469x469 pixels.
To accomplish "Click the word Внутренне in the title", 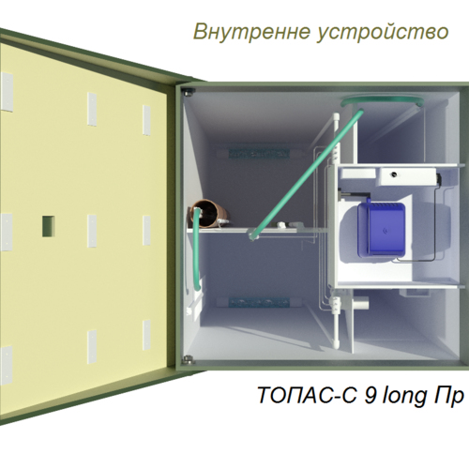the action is coord(252,32).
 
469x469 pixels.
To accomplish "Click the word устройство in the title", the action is coord(383,33).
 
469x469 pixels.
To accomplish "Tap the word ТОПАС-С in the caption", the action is coord(308,395).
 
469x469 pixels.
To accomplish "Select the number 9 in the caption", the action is coord(371,395).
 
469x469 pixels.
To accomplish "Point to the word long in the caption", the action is coord(405,397).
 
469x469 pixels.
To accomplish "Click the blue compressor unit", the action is coord(382,230).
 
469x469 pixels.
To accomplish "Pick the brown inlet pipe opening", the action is coord(209,213).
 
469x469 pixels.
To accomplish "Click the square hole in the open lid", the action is coord(49,226).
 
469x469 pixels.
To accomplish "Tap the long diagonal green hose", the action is coord(307,174).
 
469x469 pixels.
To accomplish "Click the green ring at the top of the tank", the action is coord(382,101).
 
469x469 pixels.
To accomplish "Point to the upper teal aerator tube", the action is coord(259,153).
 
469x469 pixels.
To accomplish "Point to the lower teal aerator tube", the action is coord(259,303).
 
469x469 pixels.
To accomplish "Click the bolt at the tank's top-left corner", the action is coord(189,92).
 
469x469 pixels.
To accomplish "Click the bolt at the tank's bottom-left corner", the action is coord(188,359).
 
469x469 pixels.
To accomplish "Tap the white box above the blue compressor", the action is coord(407,176).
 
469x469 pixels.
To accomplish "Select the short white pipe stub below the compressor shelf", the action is coord(360,303).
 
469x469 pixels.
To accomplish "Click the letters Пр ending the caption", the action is coord(448,396).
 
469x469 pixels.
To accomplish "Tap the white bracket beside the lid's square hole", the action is coord(92,231).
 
